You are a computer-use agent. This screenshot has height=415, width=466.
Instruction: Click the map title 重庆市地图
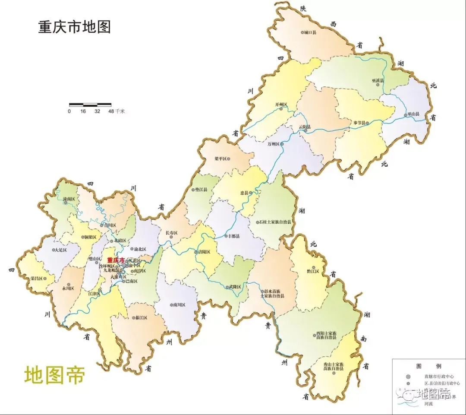[x=75, y=27]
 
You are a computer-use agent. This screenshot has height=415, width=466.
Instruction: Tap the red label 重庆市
[x=115, y=260]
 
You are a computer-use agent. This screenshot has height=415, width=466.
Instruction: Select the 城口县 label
[x=310, y=32]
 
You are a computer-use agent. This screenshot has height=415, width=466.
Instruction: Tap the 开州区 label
[x=281, y=105]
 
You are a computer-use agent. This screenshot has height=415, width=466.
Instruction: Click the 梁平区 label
[x=221, y=159]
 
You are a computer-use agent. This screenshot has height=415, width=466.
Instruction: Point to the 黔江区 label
[x=312, y=271]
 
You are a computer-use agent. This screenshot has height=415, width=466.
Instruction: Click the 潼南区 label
[x=69, y=199]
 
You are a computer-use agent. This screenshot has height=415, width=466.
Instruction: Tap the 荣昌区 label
[x=36, y=279]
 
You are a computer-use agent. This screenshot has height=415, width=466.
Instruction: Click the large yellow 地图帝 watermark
[x=54, y=374]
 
